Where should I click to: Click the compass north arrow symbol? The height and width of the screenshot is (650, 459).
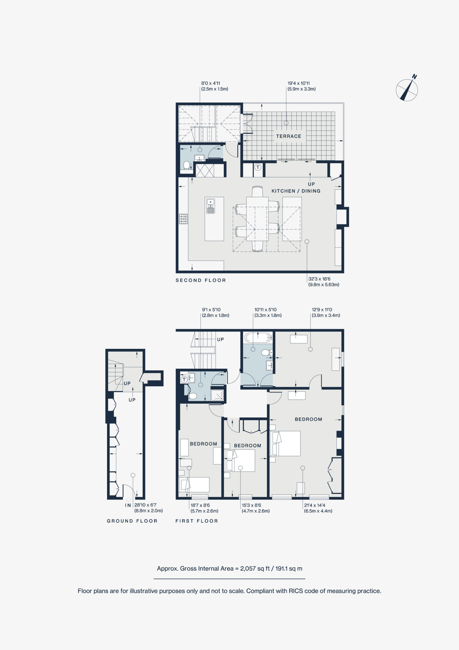tap(407, 90)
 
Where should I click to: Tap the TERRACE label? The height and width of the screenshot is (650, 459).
tap(288, 136)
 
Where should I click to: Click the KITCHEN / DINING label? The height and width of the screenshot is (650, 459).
tap(296, 191)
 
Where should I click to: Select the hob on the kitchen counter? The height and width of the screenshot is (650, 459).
tap(183, 219)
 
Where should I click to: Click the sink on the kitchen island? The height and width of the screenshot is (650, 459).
tap(211, 205)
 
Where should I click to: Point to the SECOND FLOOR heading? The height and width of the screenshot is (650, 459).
tap(201, 280)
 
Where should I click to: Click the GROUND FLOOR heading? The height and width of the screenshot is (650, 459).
tap(132, 521)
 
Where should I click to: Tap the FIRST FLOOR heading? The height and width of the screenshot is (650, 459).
tap(197, 521)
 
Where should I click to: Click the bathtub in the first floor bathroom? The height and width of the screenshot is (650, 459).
tap(258, 337)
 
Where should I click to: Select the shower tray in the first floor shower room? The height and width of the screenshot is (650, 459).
tap(218, 395)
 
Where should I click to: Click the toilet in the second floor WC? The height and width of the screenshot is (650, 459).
tap(186, 165)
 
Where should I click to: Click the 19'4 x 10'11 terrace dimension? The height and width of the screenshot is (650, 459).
tap(299, 83)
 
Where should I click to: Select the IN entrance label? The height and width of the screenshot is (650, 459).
tap(128, 505)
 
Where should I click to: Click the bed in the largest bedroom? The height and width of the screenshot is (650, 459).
tap(285, 443)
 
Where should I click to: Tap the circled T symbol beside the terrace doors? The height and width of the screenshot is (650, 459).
tap(258, 167)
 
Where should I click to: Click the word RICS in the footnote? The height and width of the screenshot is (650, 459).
tap(295, 591)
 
